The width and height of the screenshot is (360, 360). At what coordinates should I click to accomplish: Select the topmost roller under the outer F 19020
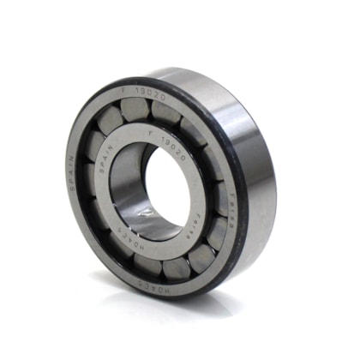[135, 109]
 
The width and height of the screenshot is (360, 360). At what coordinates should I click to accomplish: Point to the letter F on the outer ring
[124, 87]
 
